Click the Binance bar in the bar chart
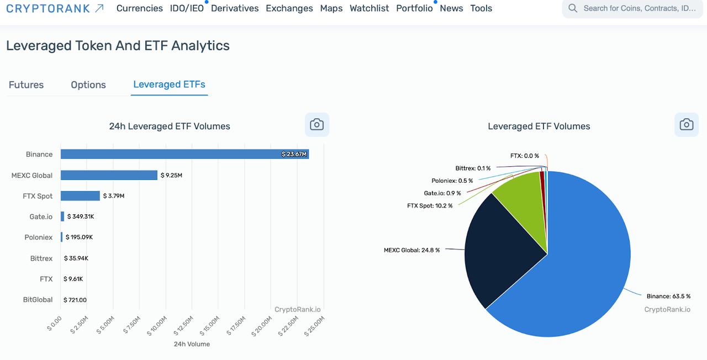[184, 154]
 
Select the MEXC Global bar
[109, 175]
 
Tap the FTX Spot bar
[80, 195]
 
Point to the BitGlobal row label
[38, 300]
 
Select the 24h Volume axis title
[192, 344]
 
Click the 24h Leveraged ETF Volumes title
[170, 126]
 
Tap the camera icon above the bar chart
[316, 125]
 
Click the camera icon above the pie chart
[686, 125]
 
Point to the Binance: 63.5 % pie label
[668, 297]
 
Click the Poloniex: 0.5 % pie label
[452, 181]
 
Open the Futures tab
[26, 84]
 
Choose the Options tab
[88, 84]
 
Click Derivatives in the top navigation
[235, 8]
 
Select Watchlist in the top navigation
[369, 8]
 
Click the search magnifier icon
[573, 8]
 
